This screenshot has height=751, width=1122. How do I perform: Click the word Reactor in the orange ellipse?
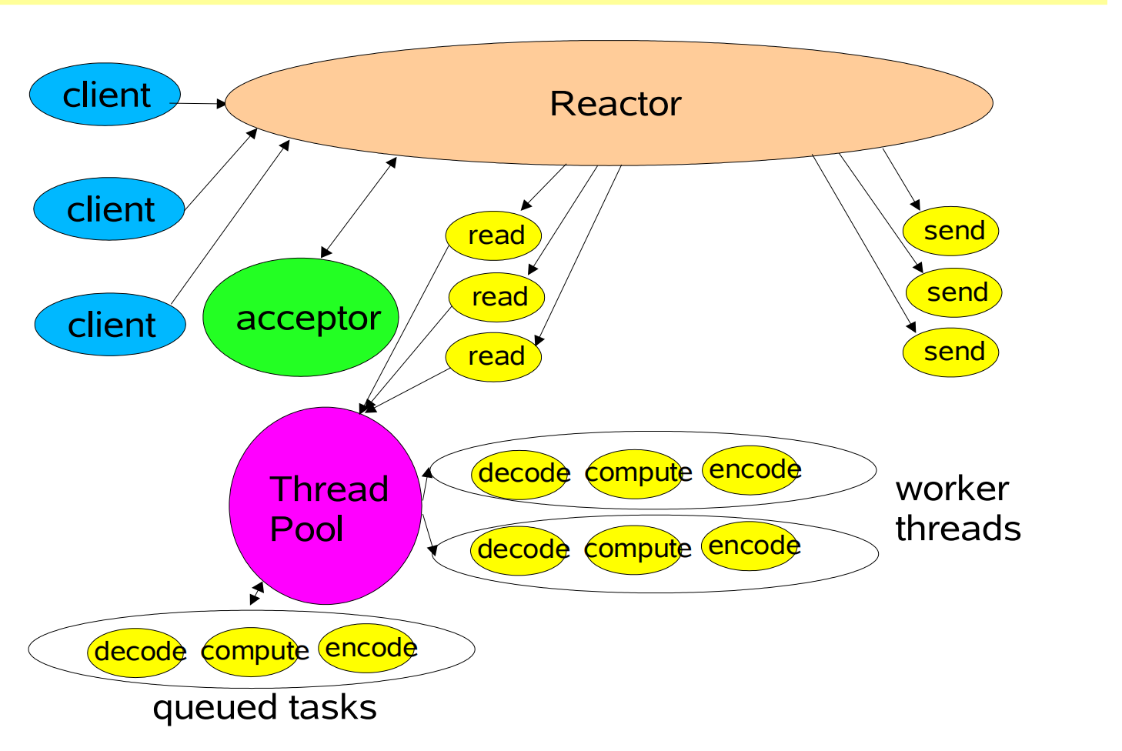coord(615,104)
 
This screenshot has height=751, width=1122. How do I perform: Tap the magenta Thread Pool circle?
coord(326,506)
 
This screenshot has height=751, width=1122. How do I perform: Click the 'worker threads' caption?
coord(958,509)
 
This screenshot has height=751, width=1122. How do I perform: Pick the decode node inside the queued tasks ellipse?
coord(137,653)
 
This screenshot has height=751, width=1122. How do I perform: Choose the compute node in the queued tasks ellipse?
coord(251,652)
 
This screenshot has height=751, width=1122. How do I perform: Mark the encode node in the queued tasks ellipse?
coord(368,648)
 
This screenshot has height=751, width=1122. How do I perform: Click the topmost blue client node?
coord(105,95)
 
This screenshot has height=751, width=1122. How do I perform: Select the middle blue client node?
coord(109,209)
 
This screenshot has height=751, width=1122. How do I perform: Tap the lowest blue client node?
coord(110,325)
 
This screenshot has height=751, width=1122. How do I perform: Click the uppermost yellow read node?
coord(494,235)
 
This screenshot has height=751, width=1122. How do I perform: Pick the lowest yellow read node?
coord(494,356)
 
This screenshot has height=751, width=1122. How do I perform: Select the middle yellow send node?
coord(954,292)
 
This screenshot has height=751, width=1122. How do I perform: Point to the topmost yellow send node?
coord(951,231)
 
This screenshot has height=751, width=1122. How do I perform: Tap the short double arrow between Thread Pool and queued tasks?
coord(257,593)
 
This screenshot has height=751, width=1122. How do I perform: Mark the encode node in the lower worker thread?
coord(750,546)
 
